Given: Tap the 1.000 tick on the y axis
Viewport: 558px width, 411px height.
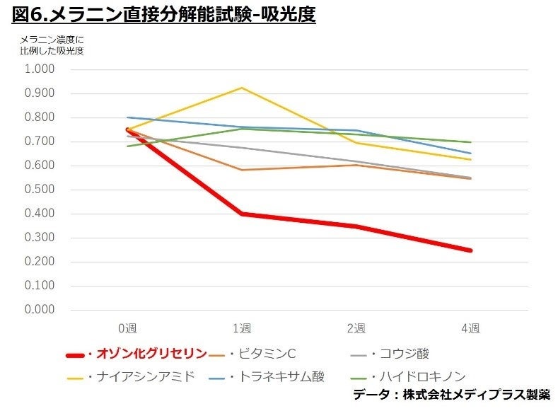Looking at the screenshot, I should pyautogui.click(x=40, y=69).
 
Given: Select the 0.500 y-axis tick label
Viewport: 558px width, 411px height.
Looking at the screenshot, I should pyautogui.click(x=40, y=190).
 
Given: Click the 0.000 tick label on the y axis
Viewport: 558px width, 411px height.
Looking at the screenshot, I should pyautogui.click(x=40, y=310).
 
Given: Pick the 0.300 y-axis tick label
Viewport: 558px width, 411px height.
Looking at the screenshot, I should pyautogui.click(x=40, y=238).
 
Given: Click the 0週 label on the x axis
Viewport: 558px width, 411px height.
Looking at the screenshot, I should pyautogui.click(x=127, y=328).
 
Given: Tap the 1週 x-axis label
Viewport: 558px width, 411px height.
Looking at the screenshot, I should pyautogui.click(x=242, y=328).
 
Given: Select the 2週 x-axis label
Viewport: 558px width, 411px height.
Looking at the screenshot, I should pyautogui.click(x=356, y=328).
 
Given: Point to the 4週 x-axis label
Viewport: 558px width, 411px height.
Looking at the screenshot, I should pyautogui.click(x=470, y=328).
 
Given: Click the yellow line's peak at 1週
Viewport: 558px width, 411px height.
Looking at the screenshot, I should pyautogui.click(x=242, y=88).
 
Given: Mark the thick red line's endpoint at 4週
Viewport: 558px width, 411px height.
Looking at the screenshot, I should pyautogui.click(x=470, y=250).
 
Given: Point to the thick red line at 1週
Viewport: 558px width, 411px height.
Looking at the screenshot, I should pyautogui.click(x=242, y=214).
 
